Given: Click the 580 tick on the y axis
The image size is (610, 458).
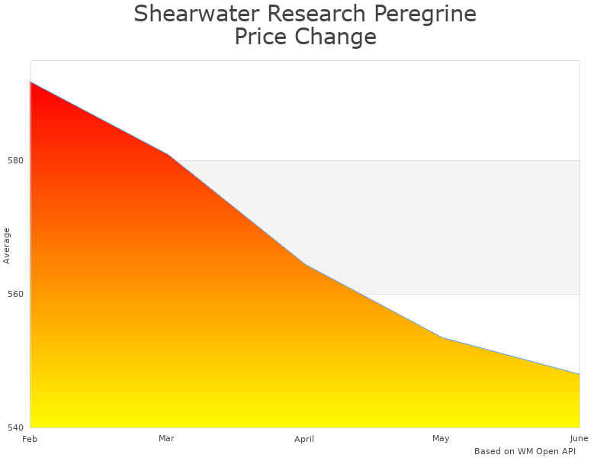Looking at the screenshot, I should [x=16, y=160].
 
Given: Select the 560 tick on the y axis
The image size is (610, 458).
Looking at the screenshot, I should [x=16, y=294].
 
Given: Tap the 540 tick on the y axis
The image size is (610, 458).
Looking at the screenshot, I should [x=16, y=427].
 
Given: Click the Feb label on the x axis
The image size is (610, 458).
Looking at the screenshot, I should [x=30, y=439].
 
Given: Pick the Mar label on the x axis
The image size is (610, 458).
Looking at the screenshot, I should [x=166, y=438].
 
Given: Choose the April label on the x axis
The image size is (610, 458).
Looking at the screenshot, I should [x=304, y=439].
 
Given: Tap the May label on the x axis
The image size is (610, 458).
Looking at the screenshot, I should [x=441, y=438].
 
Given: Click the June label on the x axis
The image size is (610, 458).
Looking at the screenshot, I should [x=579, y=438].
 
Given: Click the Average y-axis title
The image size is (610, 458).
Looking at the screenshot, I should [x=7, y=246].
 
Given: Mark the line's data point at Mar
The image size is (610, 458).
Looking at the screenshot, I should [x=168, y=154].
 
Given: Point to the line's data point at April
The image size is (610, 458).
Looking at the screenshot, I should [x=305, y=264].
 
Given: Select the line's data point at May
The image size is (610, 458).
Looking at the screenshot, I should [x=442, y=337].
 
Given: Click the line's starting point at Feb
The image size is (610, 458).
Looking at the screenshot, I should [x=30, y=82].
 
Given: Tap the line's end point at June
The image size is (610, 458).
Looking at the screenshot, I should [x=579, y=374].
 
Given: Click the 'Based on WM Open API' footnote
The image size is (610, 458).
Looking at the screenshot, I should [x=525, y=451].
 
